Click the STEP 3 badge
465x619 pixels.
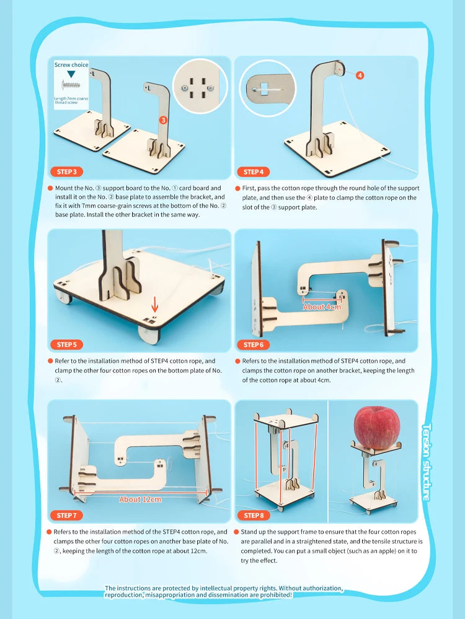click(x=66, y=172)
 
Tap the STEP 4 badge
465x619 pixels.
click(x=254, y=172)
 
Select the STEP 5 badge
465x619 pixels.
click(x=66, y=345)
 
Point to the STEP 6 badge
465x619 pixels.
click(x=254, y=345)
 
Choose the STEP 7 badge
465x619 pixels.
click(x=66, y=515)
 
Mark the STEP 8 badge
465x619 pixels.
click(x=254, y=515)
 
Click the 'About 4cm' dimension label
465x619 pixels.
click(x=322, y=306)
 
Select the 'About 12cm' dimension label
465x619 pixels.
click(x=139, y=500)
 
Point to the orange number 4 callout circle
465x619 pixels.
click(x=360, y=76)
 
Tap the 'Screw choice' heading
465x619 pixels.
click(x=71, y=64)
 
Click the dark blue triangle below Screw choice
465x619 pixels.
click(x=71, y=74)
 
